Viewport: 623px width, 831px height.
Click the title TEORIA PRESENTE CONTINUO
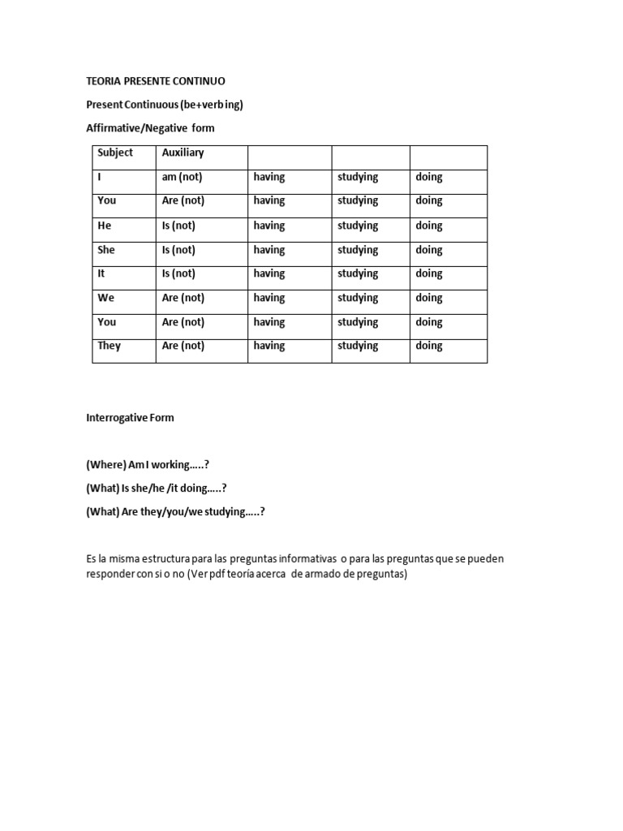pos(156,81)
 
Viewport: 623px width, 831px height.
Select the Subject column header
pos(115,153)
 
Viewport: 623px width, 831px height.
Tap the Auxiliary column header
pos(183,153)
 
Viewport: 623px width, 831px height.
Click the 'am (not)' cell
pos(182,177)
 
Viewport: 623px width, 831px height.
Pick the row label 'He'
pos(105,226)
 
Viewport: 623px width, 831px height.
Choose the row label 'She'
pos(106,250)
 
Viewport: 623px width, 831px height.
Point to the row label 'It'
pos(101,273)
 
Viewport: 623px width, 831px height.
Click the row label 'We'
pos(106,298)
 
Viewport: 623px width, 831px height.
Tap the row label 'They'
pos(110,346)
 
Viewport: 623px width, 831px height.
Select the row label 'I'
pos(99,177)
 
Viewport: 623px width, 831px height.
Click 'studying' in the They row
pos(358,346)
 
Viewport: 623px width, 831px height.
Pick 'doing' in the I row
pos(429,177)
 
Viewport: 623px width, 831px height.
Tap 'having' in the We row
pos(269,298)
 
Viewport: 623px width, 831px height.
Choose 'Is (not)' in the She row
pos(178,250)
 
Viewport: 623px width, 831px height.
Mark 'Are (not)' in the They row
pos(183,346)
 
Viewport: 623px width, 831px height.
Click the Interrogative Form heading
pos(130,418)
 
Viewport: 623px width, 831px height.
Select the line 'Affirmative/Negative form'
pos(151,128)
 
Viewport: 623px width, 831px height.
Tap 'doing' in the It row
pos(429,273)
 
